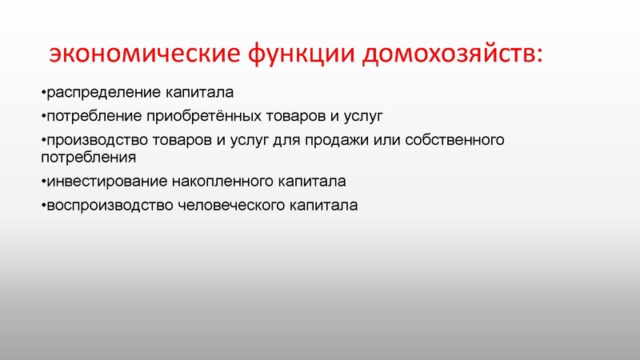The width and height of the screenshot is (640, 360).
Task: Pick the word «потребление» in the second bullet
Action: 93,117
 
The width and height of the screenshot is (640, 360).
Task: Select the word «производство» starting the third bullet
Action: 95,141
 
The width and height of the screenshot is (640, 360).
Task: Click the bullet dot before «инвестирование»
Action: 42,182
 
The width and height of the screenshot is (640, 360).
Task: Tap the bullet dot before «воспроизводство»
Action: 42,206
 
